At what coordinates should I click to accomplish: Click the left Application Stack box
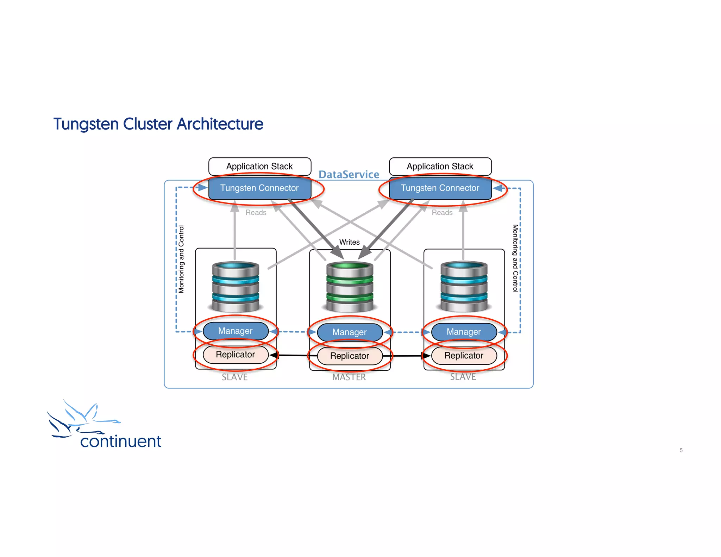[x=259, y=166]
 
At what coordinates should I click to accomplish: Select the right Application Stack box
[x=440, y=166]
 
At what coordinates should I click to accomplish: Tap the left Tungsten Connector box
[x=259, y=188]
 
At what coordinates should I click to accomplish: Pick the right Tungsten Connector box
[x=440, y=188]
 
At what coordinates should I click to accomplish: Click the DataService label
[x=349, y=175]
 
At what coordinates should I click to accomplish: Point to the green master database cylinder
[x=350, y=287]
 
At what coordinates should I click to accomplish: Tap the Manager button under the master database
[x=350, y=332]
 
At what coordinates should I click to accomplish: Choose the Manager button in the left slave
[x=236, y=331]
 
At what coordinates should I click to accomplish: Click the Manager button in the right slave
[x=464, y=332]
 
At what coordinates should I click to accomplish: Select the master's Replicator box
[x=350, y=356]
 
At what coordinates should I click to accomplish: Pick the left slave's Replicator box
[x=236, y=355]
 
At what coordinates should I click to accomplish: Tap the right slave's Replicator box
[x=464, y=356]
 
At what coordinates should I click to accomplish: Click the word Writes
[x=349, y=242]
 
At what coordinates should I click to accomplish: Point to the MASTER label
[x=349, y=377]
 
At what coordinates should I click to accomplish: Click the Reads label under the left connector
[x=256, y=213]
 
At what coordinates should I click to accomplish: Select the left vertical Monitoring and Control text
[x=181, y=259]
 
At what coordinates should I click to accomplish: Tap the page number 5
[x=681, y=450]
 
